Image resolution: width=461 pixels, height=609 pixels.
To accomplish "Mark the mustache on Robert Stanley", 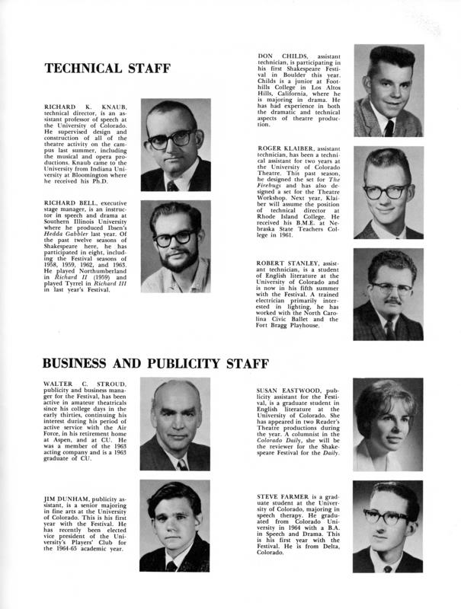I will (x=392, y=300).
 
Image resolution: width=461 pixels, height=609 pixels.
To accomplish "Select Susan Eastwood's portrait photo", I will (x=388, y=422).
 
